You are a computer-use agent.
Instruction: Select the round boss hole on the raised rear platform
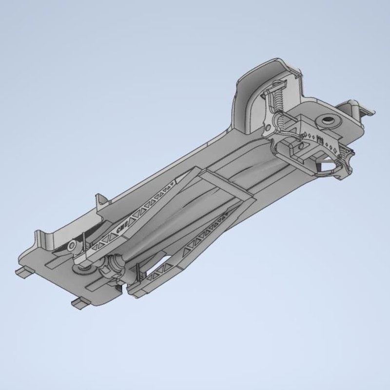[326, 120]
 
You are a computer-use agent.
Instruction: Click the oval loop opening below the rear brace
[326, 168]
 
